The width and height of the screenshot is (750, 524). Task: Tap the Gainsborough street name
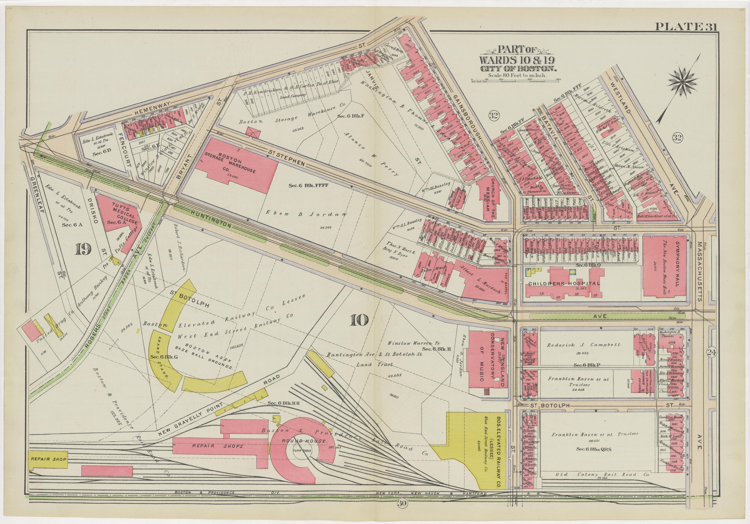(x=467, y=119)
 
